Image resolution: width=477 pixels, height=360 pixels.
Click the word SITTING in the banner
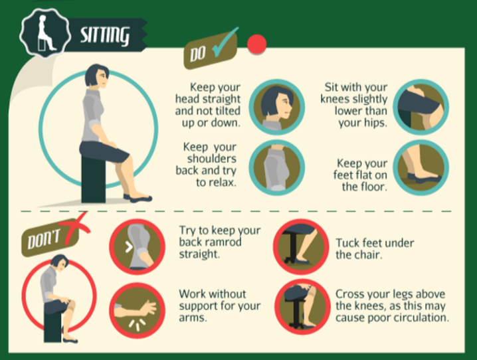click(x=105, y=35)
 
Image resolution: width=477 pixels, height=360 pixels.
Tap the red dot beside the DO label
click(x=256, y=45)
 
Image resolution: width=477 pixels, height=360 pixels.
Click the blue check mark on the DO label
click(x=225, y=43)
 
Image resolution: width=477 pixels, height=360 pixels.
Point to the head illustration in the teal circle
click(x=276, y=107)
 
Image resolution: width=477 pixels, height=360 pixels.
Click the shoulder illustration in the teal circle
click(x=276, y=167)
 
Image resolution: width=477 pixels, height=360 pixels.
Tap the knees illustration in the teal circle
click(x=421, y=107)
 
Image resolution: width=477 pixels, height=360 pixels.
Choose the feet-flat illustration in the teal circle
click(x=421, y=167)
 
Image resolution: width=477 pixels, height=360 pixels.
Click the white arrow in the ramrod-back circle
click(x=129, y=247)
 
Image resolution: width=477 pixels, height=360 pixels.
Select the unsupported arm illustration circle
click(x=138, y=310)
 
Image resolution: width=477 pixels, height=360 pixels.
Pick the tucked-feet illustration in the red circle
click(x=301, y=246)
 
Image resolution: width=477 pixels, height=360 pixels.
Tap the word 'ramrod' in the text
click(x=225, y=242)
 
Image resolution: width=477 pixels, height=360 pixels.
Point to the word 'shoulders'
click(x=212, y=159)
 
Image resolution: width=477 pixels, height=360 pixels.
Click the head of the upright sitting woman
click(x=97, y=76)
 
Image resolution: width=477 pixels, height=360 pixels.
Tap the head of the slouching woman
click(x=60, y=263)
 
